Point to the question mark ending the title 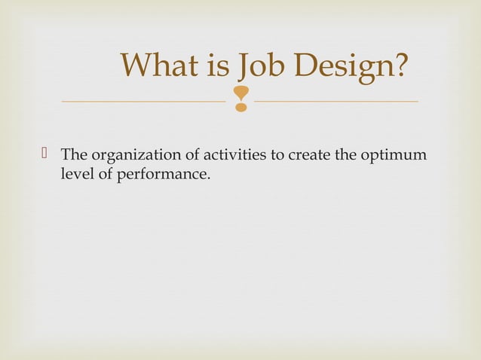pos(400,66)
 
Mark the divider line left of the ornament pos(143,101)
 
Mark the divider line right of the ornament pos(336,101)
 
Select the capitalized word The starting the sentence pos(74,156)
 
